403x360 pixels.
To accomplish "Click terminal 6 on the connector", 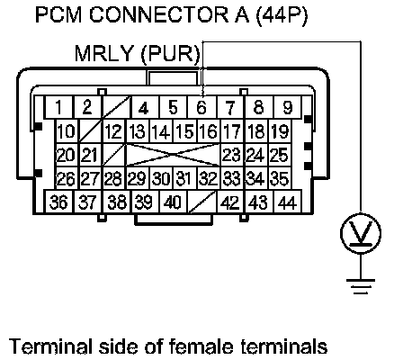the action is (201, 107).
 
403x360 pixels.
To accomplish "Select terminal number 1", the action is (58, 107).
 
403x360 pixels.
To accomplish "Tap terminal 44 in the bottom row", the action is (287, 202).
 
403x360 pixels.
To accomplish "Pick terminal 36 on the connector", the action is (58, 202).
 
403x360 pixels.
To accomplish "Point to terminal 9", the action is (287, 107).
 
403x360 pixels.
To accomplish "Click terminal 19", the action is (280, 131).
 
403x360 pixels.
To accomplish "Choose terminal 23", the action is (232, 155).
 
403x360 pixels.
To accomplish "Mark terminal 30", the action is (162, 178).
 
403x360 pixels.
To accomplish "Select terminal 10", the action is (67, 131).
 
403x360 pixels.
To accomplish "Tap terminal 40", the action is (173, 202).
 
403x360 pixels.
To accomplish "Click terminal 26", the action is (67, 178).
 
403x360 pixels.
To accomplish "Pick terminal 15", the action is (185, 131).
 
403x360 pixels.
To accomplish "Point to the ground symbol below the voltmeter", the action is (361, 286).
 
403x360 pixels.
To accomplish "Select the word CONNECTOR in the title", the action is (159, 15).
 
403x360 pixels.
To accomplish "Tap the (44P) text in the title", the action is (282, 15).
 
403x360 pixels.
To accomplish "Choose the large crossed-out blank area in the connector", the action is (174, 155).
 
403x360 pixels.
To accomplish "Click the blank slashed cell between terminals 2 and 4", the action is (117, 107).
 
